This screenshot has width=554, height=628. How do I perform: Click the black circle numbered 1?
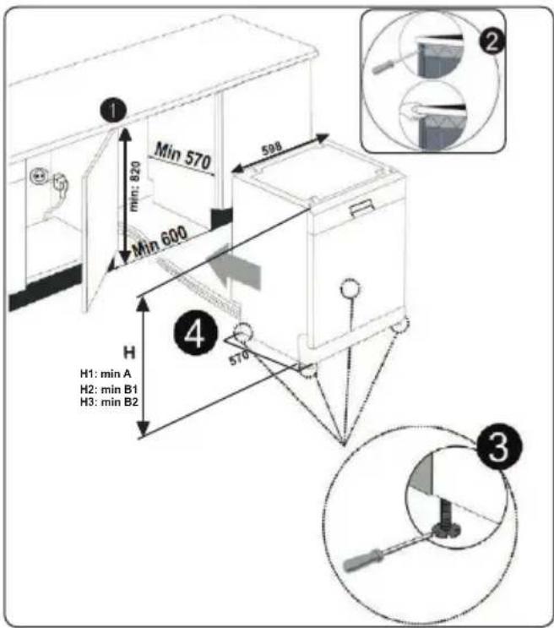coord(114,110)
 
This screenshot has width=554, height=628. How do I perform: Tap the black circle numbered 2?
coord(492,41)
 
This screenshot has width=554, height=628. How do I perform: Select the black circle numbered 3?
coord(499,447)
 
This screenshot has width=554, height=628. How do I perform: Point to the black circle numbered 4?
coord(195,334)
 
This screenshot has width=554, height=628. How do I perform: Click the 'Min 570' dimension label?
coord(182,156)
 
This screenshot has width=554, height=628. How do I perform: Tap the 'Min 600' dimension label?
coord(160,241)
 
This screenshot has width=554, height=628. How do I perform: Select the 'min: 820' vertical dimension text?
coord(135,186)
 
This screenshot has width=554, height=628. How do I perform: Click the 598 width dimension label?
coord(272,149)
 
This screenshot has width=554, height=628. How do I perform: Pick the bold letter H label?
coord(129,352)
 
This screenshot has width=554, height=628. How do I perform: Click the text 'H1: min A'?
coord(106,374)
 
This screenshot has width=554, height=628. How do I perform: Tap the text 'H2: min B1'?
coord(109,389)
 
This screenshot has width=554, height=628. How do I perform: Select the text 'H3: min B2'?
coord(109,401)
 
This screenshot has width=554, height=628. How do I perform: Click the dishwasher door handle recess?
coord(362,208)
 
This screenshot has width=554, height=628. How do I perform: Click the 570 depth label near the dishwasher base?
coord(238,358)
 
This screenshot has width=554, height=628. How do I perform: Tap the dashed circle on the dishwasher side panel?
coord(350,288)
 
